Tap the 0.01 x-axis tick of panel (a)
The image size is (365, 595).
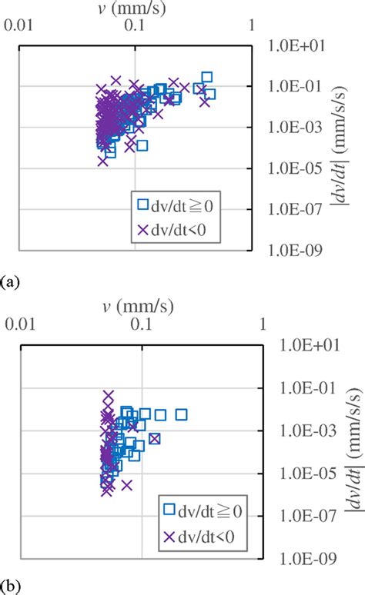pyautogui.click(x=20, y=25)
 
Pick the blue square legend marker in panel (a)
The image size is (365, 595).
pyautogui.click(x=142, y=204)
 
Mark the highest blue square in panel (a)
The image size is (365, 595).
pyautogui.click(x=206, y=77)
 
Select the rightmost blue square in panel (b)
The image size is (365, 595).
pyautogui.click(x=182, y=415)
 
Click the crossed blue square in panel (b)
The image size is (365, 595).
pyautogui.click(x=155, y=438)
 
